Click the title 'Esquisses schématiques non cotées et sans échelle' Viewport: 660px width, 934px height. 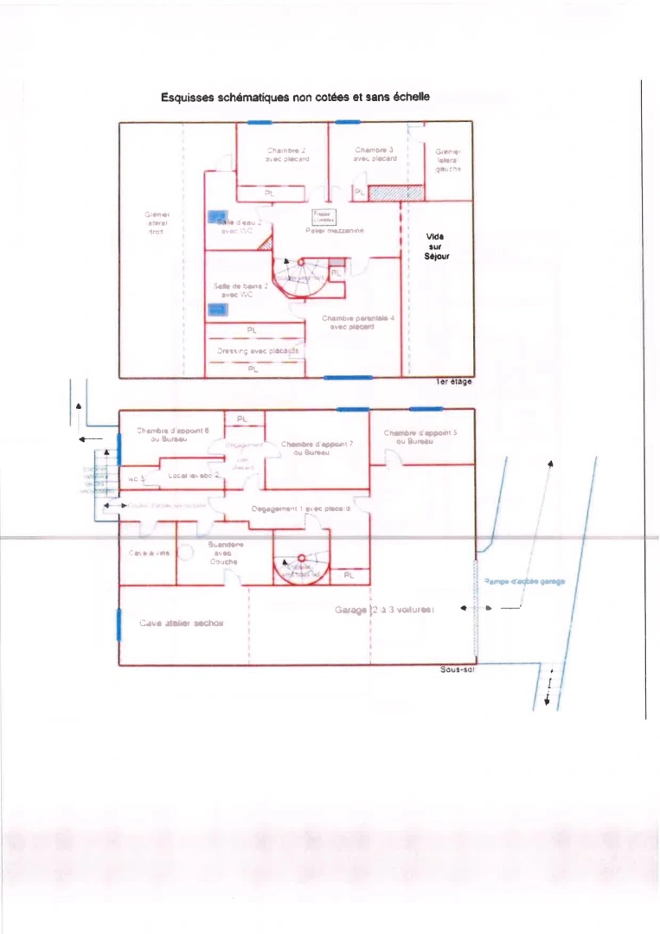coord(295,97)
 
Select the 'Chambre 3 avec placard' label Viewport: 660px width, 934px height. coord(375,154)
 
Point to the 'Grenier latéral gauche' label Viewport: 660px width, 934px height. coord(448,160)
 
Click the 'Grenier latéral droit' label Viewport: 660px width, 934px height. coord(157,222)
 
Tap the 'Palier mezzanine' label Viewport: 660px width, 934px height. coord(335,231)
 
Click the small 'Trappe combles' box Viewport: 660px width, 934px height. coord(324,216)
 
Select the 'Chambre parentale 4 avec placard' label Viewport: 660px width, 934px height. coord(358,323)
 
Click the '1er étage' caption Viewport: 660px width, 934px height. coord(454,382)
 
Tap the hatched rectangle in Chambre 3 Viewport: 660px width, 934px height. coord(395,193)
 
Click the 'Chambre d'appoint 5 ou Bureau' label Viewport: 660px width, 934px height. coord(420,436)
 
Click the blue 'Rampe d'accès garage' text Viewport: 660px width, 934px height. coord(524,581)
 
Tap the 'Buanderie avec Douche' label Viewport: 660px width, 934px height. coord(226,553)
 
